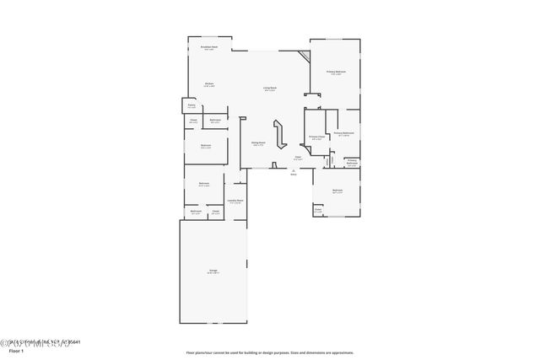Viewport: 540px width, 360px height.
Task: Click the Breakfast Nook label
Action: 209,48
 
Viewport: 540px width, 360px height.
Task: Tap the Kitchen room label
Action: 208,84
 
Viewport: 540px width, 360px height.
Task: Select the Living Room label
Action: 270,89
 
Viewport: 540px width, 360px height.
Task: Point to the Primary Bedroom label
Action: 337,73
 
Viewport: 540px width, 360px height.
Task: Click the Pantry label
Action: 192,106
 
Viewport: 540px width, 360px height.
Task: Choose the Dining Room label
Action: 258,143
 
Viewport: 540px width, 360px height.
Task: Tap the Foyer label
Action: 298,158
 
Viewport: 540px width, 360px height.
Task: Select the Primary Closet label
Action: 316,138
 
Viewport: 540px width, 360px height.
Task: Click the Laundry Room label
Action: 235,201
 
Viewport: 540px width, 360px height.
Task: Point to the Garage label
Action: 213,271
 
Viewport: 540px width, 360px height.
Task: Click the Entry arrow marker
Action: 294,171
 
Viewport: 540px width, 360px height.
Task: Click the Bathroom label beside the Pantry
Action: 215,121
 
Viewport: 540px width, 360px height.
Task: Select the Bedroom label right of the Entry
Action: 337,191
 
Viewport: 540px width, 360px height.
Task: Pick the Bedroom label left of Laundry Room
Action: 204,185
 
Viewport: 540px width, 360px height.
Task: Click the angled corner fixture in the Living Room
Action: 304,61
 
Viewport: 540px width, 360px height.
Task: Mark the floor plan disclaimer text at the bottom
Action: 270,353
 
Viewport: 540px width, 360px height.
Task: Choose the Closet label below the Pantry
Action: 193,121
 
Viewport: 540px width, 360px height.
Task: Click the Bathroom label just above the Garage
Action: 196,212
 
